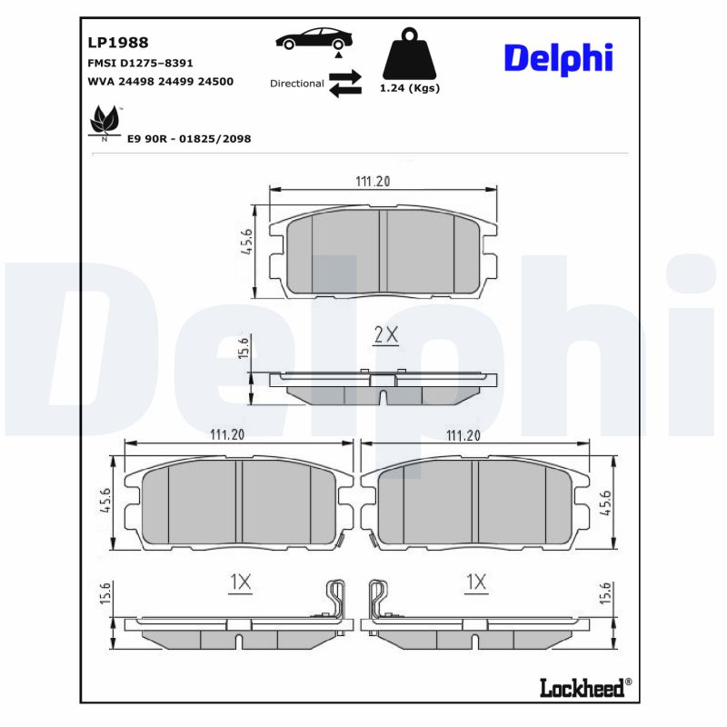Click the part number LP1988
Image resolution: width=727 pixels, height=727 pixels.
pos(118,42)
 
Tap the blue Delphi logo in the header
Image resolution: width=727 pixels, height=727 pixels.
pos(558,57)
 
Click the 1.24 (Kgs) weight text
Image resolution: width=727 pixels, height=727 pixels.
pos(409,88)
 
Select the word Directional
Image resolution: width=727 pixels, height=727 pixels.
pos(296,84)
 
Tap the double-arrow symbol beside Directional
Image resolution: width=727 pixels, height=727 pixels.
pos(345,83)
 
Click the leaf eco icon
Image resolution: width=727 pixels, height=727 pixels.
pos(103,123)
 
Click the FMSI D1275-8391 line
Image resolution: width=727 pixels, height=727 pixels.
pos(139,64)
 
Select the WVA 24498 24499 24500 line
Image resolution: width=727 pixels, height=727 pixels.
pos(160,81)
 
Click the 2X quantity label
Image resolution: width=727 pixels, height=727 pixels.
pos(387,334)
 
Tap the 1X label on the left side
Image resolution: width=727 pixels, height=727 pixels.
pos(240,583)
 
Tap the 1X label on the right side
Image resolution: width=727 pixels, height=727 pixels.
pos(475,583)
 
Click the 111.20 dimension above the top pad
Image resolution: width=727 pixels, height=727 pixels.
pos(373,181)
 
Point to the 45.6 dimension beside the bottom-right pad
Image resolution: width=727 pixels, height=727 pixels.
pos(606,503)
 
